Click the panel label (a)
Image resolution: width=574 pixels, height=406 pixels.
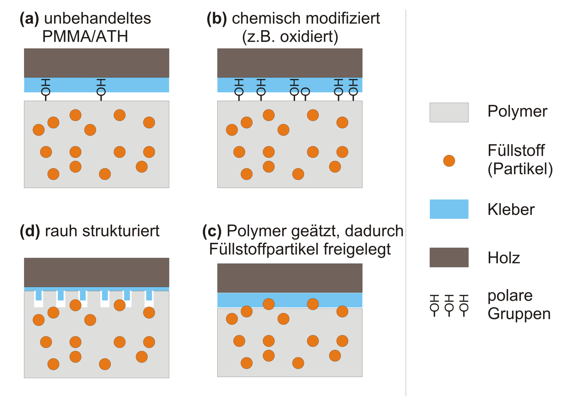pyautogui.click(x=29, y=19)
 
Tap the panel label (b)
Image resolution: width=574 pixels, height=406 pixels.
pyautogui.click(x=217, y=19)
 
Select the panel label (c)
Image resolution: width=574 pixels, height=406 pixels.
pyautogui.click(x=212, y=231)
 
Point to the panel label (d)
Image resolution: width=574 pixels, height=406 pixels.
pyautogui.click(x=30, y=231)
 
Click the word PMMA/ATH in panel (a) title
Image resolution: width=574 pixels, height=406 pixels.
pyautogui.click(x=85, y=36)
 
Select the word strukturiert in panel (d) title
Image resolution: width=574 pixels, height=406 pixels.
pyautogui.click(x=121, y=231)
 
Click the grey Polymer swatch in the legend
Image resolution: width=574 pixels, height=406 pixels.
pyautogui.click(x=449, y=112)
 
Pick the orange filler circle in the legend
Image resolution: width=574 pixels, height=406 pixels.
pyautogui.click(x=449, y=161)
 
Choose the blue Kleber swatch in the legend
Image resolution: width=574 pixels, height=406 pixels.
pyautogui.click(x=449, y=209)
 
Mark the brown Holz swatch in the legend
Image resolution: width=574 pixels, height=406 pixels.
pyautogui.click(x=449, y=257)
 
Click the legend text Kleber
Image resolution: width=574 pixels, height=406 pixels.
pyautogui.click(x=511, y=209)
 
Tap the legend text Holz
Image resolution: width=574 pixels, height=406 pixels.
pyautogui.click(x=504, y=258)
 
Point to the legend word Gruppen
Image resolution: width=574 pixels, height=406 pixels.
pyautogui.click(x=519, y=314)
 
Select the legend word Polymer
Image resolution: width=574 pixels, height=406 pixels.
pyautogui.click(x=517, y=112)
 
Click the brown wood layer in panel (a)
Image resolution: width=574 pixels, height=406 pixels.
pyautogui.click(x=97, y=63)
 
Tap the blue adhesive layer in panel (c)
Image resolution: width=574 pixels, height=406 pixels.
pyautogui.click(x=290, y=300)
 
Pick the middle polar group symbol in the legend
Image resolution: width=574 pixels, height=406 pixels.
pyautogui.click(x=449, y=306)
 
